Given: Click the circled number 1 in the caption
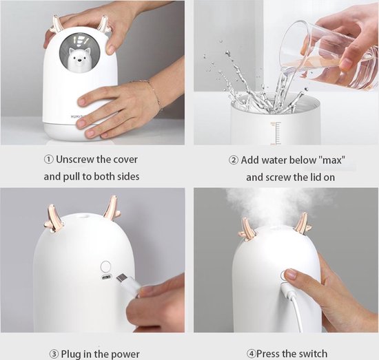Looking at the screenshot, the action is (49, 160).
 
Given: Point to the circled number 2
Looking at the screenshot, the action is (234, 160).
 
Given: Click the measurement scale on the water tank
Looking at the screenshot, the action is (276, 134).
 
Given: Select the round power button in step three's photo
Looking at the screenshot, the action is (105, 266).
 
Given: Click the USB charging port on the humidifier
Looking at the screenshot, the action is (106, 277).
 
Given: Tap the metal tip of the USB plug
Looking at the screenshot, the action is (121, 278).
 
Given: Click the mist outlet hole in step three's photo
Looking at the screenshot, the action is (83, 216).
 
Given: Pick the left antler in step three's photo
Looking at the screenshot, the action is (53, 218).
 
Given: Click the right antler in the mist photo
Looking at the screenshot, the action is (302, 223).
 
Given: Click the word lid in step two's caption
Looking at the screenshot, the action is (316, 178).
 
